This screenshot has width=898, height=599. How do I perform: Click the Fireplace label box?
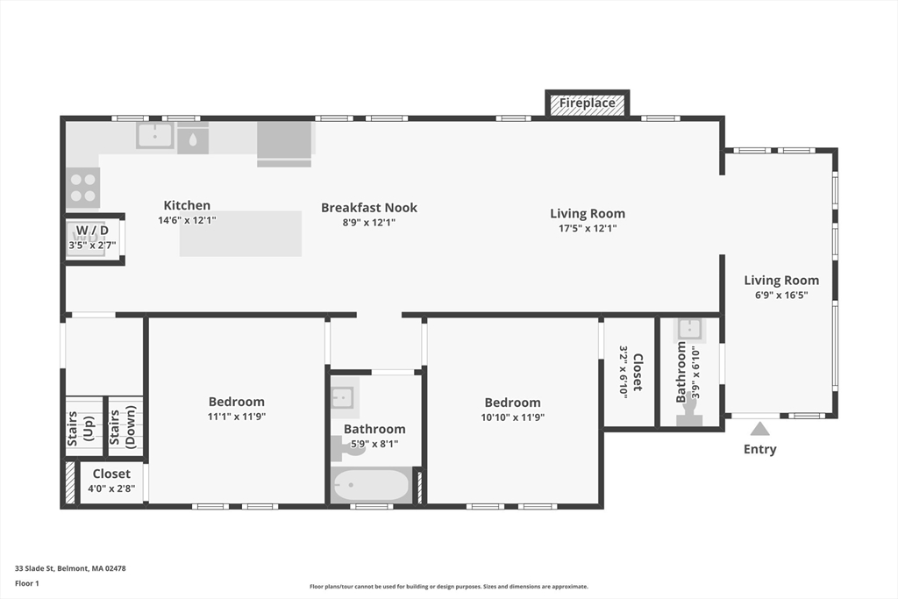coord(588,103)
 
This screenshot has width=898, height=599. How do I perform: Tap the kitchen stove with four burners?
coord(83,186)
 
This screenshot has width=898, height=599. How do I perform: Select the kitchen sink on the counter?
coord(155,135)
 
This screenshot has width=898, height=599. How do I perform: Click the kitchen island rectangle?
coord(240,234)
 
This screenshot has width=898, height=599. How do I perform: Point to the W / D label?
coord(92,231)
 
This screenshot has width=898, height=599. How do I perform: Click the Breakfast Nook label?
coord(369,208)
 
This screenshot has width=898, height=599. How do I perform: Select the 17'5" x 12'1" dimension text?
coord(588,228)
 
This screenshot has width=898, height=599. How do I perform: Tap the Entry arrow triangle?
coord(759,429)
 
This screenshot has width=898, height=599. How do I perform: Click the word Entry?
coord(759,449)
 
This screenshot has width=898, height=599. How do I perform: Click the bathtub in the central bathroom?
coord(371,486)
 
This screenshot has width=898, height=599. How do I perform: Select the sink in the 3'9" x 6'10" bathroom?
coord(688,330)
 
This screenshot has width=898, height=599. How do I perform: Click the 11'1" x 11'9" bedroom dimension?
coord(236,417)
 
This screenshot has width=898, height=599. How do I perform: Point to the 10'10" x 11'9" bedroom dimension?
coord(513,417)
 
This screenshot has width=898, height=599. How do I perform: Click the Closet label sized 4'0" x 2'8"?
coord(111,474)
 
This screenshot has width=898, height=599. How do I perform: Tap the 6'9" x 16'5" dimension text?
coord(781,296)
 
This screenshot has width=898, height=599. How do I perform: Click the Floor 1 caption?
coord(28,583)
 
